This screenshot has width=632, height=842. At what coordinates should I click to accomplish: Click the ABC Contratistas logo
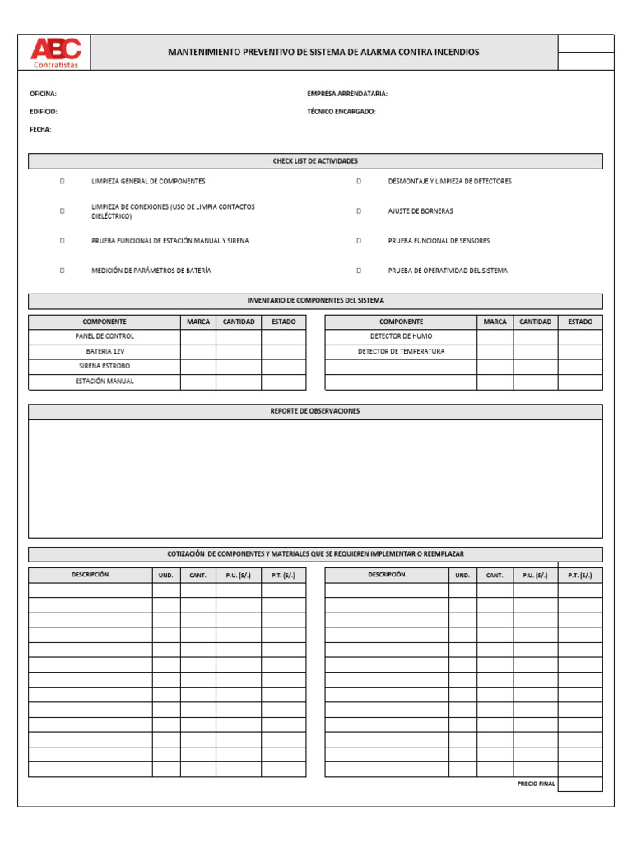[x=55, y=53]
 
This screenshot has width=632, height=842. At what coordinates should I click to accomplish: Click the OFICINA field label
[x=43, y=94]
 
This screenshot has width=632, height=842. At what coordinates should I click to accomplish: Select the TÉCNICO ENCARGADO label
[x=341, y=112]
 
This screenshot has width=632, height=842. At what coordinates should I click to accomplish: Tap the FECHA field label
[x=40, y=129]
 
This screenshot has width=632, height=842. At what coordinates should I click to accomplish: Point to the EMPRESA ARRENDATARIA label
[x=346, y=94]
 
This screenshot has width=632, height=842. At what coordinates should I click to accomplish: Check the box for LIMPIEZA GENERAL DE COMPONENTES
[x=62, y=181]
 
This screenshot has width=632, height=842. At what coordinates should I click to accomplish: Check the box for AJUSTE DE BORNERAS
[x=359, y=211]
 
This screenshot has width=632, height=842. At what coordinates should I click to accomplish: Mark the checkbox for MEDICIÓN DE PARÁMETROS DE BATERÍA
[x=62, y=271]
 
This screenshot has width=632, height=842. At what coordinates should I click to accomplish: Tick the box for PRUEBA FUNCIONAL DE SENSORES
[x=359, y=241]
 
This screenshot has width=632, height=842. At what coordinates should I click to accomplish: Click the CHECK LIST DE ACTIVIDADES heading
[x=315, y=161]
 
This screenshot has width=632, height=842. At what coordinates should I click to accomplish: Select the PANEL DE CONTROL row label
[x=105, y=336]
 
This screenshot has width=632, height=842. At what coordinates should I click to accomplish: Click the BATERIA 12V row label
[x=105, y=351]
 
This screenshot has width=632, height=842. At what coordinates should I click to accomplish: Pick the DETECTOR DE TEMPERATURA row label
[x=401, y=351]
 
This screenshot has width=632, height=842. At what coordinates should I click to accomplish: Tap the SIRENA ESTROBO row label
[x=105, y=366]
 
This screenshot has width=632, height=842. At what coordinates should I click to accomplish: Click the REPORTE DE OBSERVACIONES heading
[x=315, y=411]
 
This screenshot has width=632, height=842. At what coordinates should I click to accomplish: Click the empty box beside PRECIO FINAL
[x=580, y=784]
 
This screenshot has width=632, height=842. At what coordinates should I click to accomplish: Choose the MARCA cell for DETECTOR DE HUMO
[x=495, y=336]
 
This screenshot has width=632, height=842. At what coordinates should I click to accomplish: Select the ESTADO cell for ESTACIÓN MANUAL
[x=283, y=382]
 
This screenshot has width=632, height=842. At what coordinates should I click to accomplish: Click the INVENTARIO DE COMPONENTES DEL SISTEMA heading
[x=315, y=301]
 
